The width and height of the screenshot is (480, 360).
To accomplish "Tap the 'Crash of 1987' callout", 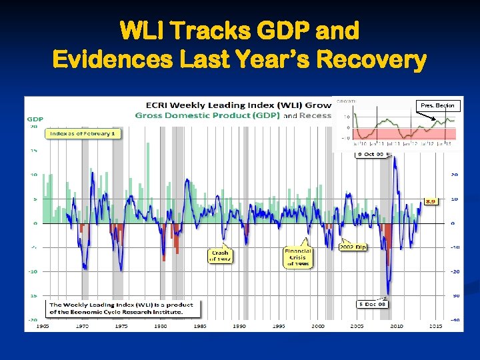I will click(x=219, y=256).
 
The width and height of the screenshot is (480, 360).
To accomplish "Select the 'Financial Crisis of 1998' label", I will click(x=297, y=257).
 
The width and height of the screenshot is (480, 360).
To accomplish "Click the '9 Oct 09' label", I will click(x=370, y=154).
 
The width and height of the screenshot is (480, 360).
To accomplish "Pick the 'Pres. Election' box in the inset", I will click(x=437, y=105).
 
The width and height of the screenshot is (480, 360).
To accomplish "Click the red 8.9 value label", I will click(x=431, y=201).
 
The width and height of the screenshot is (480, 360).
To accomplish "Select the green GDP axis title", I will click(x=35, y=119).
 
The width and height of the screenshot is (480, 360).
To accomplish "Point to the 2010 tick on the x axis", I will click(x=397, y=326).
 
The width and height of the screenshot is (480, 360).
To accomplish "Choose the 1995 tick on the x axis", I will click(x=279, y=326).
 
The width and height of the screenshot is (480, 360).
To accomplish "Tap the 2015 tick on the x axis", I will click(x=436, y=326).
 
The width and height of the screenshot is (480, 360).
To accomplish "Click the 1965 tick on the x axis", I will click(x=43, y=326).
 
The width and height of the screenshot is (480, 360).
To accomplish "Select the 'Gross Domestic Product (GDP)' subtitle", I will click(x=209, y=115).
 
